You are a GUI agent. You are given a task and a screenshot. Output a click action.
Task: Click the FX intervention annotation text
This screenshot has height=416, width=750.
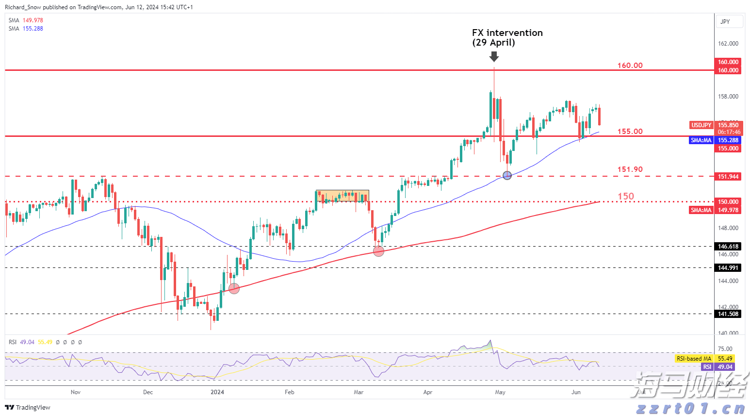click(507, 37)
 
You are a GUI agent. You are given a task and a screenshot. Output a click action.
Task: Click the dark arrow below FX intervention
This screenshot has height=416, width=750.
click(494, 57)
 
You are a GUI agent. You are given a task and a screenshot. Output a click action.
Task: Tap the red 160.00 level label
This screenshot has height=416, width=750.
click(630, 65)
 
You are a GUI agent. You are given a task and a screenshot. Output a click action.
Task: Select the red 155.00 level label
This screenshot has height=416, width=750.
click(630, 131)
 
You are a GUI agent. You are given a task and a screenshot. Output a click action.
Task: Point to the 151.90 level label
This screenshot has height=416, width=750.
click(630, 169)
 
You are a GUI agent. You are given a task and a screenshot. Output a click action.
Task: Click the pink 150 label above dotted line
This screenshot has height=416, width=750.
click(625, 196)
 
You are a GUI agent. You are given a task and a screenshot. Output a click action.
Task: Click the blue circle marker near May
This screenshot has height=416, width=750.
click(507, 175)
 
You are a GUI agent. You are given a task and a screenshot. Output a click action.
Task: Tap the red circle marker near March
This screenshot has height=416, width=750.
click(379, 251)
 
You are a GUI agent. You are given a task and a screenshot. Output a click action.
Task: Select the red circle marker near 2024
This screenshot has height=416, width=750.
click(234, 288)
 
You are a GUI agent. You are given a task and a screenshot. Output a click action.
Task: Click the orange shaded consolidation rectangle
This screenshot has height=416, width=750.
click(342, 196)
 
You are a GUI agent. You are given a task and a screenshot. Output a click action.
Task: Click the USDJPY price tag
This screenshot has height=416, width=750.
click(701, 125)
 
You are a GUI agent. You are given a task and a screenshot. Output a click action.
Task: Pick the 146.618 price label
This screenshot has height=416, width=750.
click(728, 247)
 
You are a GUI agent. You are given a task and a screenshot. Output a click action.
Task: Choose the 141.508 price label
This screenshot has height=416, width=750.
click(728, 314)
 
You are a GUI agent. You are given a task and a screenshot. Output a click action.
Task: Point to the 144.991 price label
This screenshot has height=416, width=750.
click(728, 268)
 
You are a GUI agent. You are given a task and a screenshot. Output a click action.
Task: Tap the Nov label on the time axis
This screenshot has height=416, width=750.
click(76, 392)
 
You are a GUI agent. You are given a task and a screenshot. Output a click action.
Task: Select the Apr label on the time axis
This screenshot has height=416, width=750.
click(427, 392)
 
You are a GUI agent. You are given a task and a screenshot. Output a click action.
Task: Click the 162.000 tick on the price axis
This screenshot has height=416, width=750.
click(728, 44)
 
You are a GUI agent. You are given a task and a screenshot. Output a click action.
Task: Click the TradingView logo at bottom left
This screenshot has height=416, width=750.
click(28, 407)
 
